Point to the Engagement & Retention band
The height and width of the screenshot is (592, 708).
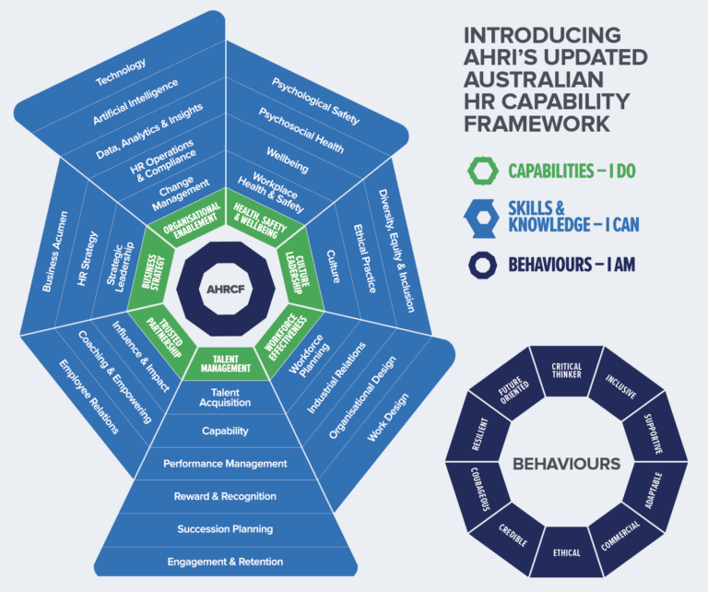pyautogui.click(x=226, y=561)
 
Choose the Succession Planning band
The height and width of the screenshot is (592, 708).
pyautogui.click(x=226, y=528)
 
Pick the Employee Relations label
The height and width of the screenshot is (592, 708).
pyautogui.click(x=88, y=396)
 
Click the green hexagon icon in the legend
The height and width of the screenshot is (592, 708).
pyautogui.click(x=482, y=171)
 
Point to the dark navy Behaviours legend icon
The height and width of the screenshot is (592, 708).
pyautogui.click(x=482, y=266)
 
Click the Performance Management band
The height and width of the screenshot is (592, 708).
pyautogui.click(x=226, y=463)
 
